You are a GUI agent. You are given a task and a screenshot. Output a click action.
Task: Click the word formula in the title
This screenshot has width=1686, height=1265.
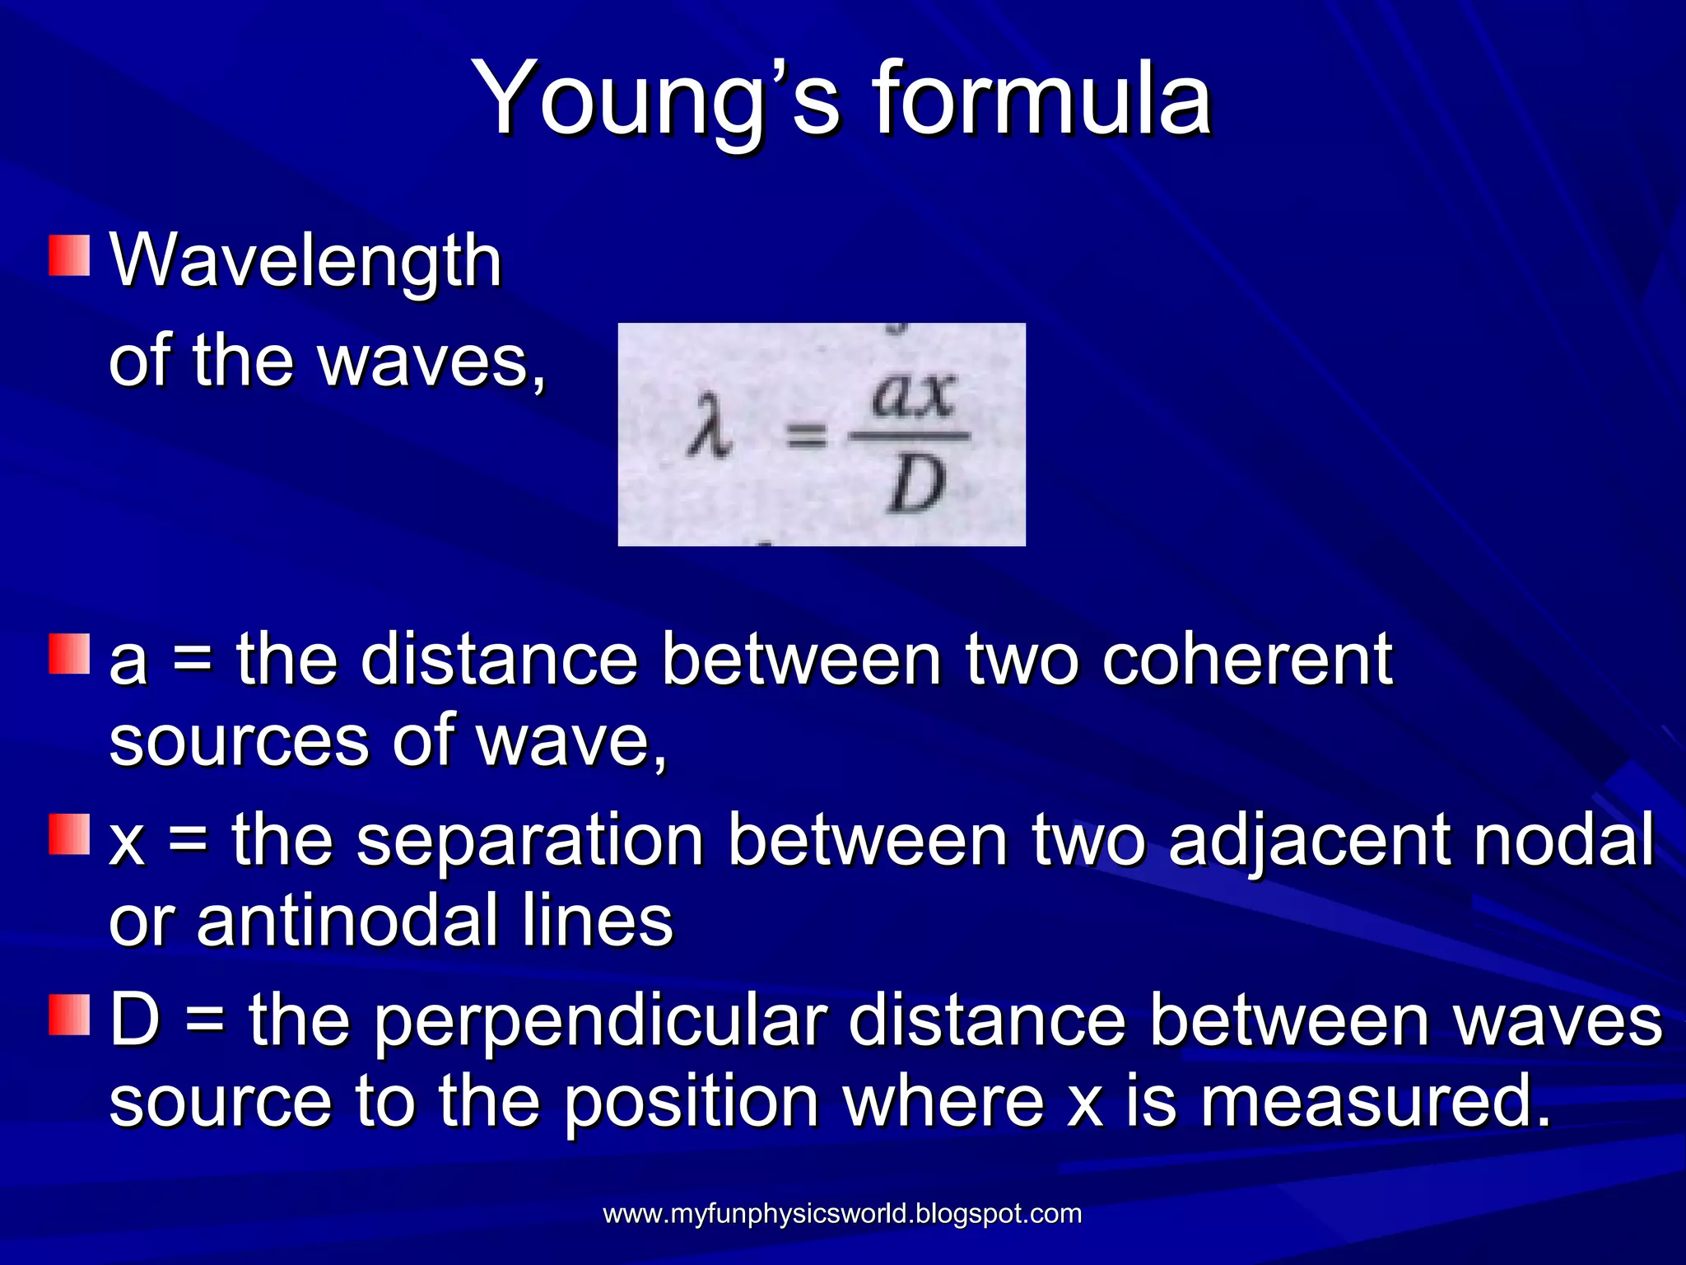tap(1041, 99)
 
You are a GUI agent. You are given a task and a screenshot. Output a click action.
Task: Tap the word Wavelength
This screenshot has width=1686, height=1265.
tap(305, 261)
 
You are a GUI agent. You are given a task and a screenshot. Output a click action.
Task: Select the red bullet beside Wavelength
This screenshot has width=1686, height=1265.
tap(69, 255)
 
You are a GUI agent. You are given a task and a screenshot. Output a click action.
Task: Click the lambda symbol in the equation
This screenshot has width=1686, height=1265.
tap(710, 427)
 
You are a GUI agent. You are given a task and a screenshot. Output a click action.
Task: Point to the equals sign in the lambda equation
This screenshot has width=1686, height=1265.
tap(805, 434)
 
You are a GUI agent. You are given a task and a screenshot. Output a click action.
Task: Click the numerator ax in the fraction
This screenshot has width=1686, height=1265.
tap(914, 396)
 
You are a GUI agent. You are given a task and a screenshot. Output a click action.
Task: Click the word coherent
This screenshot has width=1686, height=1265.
tap(1247, 660)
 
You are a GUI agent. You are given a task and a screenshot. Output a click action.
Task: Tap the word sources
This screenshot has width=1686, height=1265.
tap(239, 741)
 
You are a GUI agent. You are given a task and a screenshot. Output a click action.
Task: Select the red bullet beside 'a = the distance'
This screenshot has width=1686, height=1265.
tap(69, 654)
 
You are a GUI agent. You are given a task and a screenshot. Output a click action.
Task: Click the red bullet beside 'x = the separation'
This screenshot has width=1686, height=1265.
tap(69, 834)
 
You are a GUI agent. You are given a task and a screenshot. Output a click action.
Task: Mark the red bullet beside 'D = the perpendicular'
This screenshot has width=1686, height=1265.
tap(69, 1015)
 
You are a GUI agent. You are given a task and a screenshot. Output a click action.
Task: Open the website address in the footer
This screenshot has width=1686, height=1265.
tap(842, 1213)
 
